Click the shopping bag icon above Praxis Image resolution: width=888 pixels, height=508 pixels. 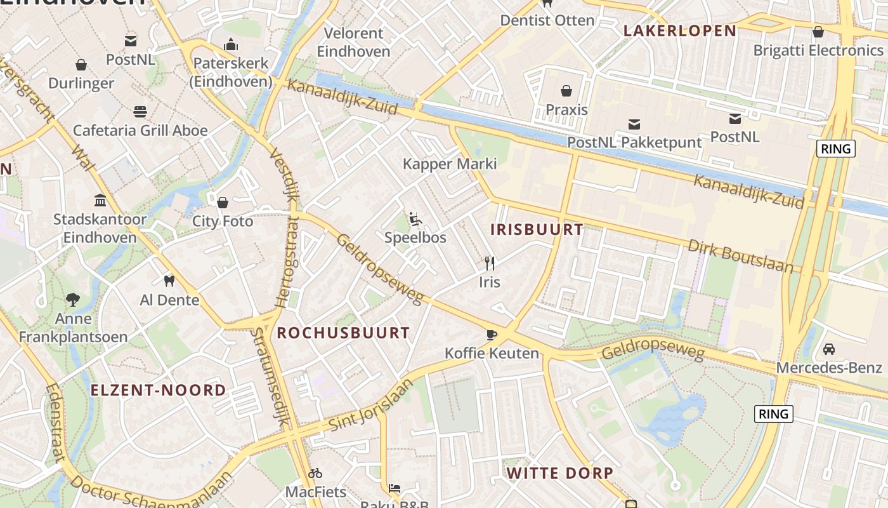click(x=566, y=91)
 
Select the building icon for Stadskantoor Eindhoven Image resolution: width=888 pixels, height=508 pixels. click(x=100, y=201)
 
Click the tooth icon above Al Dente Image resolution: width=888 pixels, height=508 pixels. click(x=169, y=281)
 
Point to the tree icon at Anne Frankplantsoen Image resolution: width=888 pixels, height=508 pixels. click(x=73, y=298)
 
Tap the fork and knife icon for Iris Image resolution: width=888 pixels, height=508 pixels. click(x=489, y=263)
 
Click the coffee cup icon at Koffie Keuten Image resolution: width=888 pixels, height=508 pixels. click(x=492, y=335)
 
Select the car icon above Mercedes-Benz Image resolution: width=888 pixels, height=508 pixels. click(x=828, y=349)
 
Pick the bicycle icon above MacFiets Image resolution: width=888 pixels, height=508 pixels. click(x=315, y=473)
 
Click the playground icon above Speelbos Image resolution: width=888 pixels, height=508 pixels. click(x=415, y=219)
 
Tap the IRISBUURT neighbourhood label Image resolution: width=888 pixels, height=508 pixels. click(x=537, y=230)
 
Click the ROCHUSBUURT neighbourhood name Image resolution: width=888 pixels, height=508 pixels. click(x=343, y=333)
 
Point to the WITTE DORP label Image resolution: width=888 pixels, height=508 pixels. click(x=559, y=473)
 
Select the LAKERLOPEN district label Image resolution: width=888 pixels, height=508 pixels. click(x=679, y=30)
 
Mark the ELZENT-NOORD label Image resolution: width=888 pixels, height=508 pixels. click(x=158, y=390)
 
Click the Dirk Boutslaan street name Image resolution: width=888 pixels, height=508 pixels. click(x=740, y=256)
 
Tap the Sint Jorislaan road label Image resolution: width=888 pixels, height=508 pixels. click(x=371, y=407)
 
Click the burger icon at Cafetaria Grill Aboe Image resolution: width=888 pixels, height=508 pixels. click(x=140, y=112)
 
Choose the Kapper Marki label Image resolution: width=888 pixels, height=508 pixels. click(x=450, y=164)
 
